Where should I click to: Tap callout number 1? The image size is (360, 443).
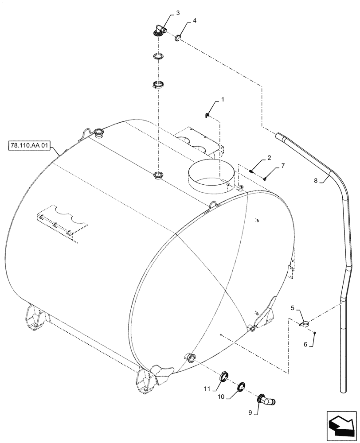[223, 100]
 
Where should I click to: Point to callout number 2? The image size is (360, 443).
[269, 158]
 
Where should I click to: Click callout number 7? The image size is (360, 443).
[282, 165]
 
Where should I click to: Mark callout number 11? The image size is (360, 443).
[207, 389]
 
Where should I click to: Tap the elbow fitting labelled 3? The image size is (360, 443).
[160, 31]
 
